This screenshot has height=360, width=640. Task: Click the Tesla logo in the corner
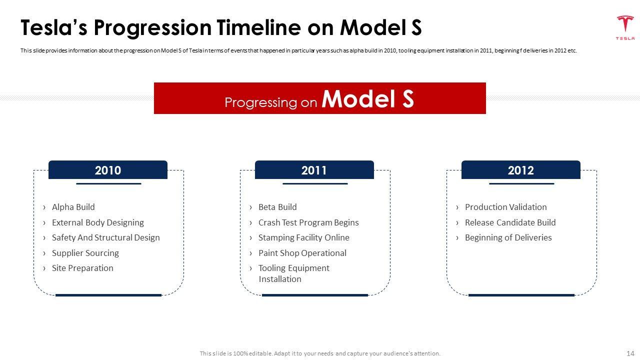tap(625, 27)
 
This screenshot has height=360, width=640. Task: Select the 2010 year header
tap(108, 170)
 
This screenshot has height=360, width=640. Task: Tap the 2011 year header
tap(314, 170)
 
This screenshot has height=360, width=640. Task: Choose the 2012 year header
tap(521, 170)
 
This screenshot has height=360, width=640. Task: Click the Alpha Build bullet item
tap(73, 207)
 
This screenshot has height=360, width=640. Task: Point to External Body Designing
tap(97, 222)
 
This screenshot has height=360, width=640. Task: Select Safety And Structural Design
tap(105, 237)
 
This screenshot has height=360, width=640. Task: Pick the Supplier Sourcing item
tap(85, 253)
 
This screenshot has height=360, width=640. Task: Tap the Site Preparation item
tap(82, 268)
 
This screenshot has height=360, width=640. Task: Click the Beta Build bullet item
tap(277, 207)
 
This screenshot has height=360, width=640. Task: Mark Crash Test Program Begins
tap(308, 222)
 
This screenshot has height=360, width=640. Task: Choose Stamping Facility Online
tap(303, 237)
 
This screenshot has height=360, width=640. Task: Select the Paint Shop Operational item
tap(302, 253)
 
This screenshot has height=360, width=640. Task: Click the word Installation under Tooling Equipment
tap(280, 279)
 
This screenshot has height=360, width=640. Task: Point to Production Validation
tap(505, 207)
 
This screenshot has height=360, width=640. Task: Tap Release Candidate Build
tap(510, 222)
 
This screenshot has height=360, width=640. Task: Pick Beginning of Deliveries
tap(508, 237)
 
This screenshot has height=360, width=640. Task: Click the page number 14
tap(630, 353)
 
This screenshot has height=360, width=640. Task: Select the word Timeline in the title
tap(258, 27)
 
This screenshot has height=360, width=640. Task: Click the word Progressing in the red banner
tap(261, 102)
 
